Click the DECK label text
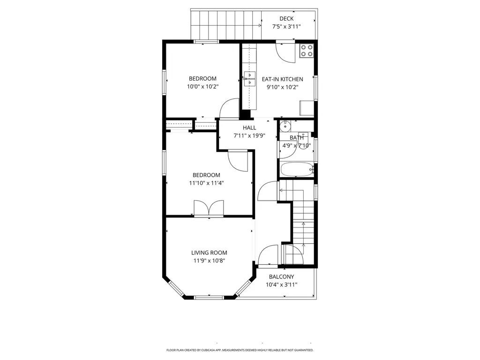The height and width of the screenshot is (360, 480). coord(286,19)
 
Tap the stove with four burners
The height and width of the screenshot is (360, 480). coord(307,51)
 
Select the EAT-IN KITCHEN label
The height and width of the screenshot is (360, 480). coord(282,79)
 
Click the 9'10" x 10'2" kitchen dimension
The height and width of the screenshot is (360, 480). coord(282,87)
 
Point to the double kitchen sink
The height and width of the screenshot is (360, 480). coord(249,79)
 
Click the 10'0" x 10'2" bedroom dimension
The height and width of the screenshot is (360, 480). coord(202,86)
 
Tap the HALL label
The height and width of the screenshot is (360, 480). coord(249,127)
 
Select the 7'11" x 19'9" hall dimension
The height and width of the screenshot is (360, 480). coord(249,135)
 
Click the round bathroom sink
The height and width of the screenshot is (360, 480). coord(285,126)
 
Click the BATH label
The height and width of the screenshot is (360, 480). coord(297,138)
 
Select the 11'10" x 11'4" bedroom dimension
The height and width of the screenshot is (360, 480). coord(206,183)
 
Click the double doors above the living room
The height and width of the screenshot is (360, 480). coord(209,208)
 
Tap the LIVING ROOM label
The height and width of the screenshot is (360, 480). coord(209,253)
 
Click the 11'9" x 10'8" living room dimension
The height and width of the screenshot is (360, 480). coord(209,261)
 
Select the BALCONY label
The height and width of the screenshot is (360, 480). coord(281,277)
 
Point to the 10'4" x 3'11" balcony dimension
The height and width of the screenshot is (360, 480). coord(281,285)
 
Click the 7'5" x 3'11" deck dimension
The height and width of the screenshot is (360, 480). coord(286,27)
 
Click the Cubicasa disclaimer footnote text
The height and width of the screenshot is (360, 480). coord(240,350)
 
